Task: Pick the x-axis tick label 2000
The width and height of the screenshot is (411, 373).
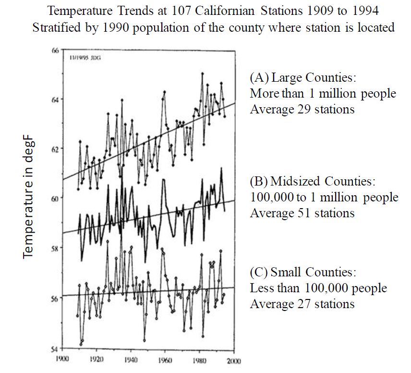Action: click(x=234, y=361)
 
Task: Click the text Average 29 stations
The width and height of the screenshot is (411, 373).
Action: click(x=302, y=109)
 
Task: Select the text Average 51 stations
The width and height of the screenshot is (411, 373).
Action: click(x=302, y=213)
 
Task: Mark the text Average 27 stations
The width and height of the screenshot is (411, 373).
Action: click(x=302, y=304)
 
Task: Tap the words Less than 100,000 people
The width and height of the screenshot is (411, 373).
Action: click(x=318, y=288)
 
